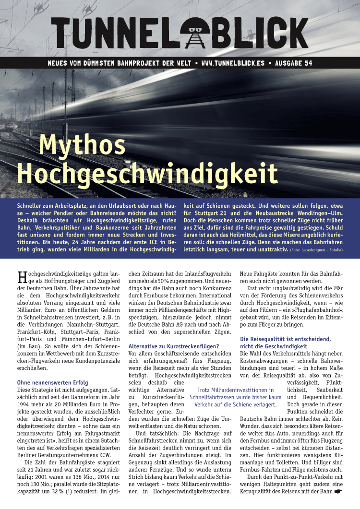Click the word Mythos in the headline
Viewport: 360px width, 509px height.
point(82,143)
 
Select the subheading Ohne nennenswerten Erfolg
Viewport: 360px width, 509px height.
point(52,382)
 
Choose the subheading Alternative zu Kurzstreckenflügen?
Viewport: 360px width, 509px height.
point(173,346)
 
